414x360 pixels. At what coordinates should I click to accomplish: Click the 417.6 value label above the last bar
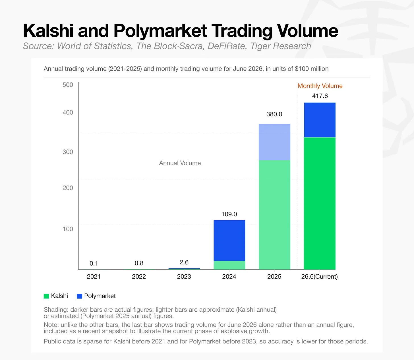[x=320, y=96]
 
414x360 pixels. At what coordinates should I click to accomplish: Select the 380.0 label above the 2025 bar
[x=274, y=114]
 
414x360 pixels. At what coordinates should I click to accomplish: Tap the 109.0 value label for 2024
[x=229, y=214]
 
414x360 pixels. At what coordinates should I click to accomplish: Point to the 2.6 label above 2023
[x=184, y=262]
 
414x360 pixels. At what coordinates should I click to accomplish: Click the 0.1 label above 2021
[x=94, y=264]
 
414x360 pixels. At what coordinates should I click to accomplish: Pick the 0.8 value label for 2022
[x=139, y=263]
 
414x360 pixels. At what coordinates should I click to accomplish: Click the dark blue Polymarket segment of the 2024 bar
[x=229, y=240]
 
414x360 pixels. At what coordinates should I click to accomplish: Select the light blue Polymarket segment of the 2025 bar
[x=274, y=142]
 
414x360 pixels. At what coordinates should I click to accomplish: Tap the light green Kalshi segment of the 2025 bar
[x=274, y=215]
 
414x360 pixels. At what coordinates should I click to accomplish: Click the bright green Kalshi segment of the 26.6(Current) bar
[x=320, y=203]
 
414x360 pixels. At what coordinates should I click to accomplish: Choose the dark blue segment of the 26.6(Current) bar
[x=320, y=120]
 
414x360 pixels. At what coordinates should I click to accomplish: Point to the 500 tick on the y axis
[x=68, y=85]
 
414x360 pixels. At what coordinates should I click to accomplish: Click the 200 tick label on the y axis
[x=68, y=188]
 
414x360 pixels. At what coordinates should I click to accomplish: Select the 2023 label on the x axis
[x=184, y=277]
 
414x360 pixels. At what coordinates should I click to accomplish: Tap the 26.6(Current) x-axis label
[x=320, y=277]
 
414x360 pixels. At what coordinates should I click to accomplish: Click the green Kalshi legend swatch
[x=46, y=296]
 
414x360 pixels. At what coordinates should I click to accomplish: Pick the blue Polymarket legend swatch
[x=79, y=296]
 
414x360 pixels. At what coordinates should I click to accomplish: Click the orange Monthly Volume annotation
[x=320, y=86]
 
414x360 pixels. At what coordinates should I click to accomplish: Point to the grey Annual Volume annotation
[x=180, y=163]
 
